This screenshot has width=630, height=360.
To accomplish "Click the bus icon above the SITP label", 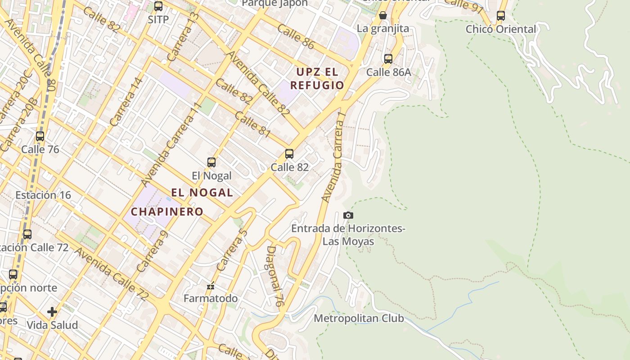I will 158,6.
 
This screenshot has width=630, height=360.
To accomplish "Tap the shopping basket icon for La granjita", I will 383,16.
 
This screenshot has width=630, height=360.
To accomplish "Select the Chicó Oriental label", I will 501,29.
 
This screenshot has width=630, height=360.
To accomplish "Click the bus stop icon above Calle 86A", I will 388,58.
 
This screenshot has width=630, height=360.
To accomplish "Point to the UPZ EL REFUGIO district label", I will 317,78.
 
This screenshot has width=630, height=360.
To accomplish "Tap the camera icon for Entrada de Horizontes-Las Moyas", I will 348,216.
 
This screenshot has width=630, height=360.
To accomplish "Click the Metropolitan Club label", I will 359,319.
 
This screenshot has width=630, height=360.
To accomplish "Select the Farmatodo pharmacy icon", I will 210,286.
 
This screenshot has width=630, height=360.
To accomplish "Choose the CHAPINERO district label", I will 167,211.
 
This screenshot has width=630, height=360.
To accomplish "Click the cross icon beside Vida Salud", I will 52,311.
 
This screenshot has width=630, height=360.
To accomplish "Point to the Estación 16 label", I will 43,195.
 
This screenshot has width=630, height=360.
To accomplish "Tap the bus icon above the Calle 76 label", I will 40,136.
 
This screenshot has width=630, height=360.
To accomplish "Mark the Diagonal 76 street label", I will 274,276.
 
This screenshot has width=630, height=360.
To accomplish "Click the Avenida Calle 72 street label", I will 112,274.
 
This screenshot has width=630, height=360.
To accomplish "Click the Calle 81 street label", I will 252,124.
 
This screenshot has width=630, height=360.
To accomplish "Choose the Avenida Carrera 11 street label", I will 170,144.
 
